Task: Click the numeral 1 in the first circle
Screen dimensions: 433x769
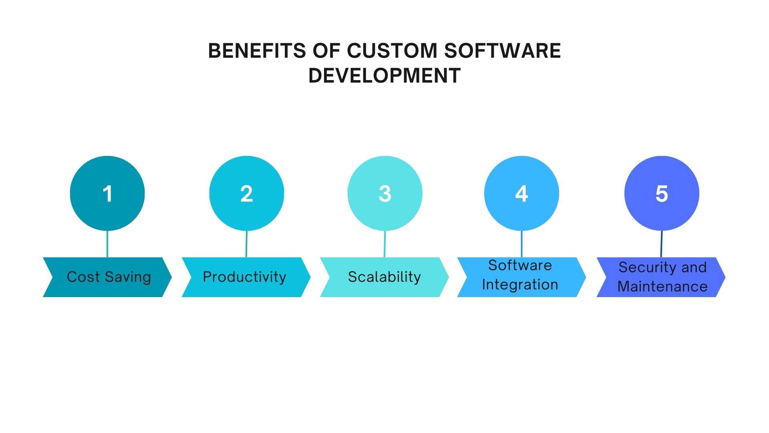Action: pyautogui.click(x=107, y=194)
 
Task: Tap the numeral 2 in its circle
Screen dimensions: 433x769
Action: pyautogui.click(x=246, y=194)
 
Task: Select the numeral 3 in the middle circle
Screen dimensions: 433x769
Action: pyautogui.click(x=385, y=194)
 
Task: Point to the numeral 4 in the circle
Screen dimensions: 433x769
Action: pyautogui.click(x=521, y=194)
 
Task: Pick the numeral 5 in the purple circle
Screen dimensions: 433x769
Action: pyautogui.click(x=662, y=194)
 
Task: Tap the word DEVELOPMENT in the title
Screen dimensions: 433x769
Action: pyautogui.click(x=384, y=75)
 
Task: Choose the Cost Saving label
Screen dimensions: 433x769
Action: pyautogui.click(x=109, y=277)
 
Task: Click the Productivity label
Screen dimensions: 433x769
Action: pyautogui.click(x=244, y=277)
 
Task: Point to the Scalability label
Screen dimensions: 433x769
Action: pyautogui.click(x=384, y=277)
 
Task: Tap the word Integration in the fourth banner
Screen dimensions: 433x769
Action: pyautogui.click(x=520, y=285)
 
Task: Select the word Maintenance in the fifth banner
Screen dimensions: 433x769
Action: pyautogui.click(x=662, y=287)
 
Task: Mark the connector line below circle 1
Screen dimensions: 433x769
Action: pyautogui.click(x=107, y=244)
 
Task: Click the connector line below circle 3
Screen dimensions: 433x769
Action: pyautogui.click(x=385, y=244)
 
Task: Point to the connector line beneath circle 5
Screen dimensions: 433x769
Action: pyautogui.click(x=661, y=244)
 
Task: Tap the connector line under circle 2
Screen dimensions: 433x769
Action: pyautogui.click(x=246, y=244)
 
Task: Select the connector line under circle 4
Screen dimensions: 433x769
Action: pyautogui.click(x=521, y=244)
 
